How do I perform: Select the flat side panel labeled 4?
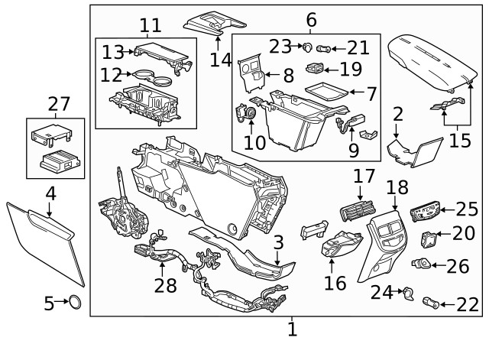[46, 237]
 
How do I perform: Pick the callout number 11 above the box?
[150, 25]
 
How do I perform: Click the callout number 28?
[165, 285]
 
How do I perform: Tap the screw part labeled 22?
[434, 304]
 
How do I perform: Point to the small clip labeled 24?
[409, 290]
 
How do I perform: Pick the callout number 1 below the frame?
[292, 330]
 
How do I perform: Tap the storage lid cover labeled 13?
[157, 54]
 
